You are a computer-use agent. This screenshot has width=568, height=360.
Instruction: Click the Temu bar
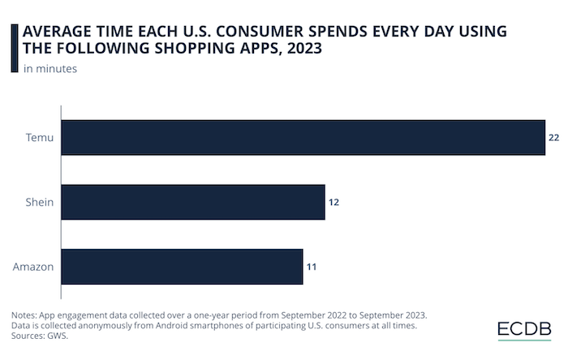[x=303, y=138]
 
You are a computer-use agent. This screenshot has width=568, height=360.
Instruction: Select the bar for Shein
[x=193, y=202]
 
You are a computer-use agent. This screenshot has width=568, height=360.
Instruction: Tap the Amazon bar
[x=182, y=267]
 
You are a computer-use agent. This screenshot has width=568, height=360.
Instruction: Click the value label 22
[x=554, y=139]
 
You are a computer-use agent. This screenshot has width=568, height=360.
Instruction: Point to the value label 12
[x=333, y=203]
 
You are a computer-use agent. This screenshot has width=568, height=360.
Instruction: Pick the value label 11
[x=311, y=267]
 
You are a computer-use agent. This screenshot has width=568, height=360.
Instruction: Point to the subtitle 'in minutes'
[x=50, y=69]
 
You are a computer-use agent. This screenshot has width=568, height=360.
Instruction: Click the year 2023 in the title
[x=300, y=49]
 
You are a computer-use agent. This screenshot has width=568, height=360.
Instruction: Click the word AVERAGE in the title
[x=56, y=32]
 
